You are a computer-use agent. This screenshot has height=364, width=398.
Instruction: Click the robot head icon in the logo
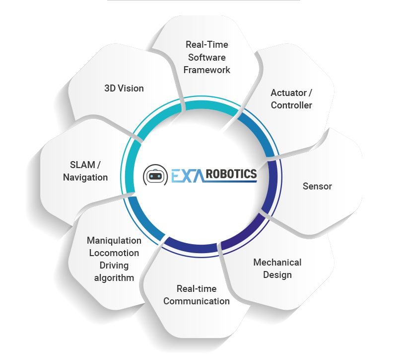(x=155, y=176)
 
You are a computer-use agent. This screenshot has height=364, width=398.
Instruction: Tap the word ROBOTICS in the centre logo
(x=231, y=174)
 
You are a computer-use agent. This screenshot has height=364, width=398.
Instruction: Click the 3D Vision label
(x=124, y=89)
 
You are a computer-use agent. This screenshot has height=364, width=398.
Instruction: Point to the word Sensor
(x=317, y=186)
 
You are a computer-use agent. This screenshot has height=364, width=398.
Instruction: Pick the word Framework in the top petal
(x=207, y=70)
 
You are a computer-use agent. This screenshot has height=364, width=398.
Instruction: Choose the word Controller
(x=291, y=105)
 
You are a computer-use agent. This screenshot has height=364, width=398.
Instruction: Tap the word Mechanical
(x=277, y=263)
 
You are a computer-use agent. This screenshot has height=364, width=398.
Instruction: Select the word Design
(x=277, y=275)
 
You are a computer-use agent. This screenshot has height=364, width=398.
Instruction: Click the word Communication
(x=197, y=301)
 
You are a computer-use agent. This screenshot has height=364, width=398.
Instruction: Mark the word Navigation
(x=85, y=177)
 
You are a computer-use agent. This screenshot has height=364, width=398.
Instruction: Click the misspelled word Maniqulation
(x=114, y=241)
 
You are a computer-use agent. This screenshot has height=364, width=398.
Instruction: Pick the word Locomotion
(x=114, y=253)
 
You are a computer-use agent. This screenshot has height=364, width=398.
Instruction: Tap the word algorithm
(x=114, y=278)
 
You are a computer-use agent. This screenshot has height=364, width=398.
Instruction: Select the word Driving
(x=114, y=266)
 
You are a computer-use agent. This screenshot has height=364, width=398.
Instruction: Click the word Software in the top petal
(x=207, y=58)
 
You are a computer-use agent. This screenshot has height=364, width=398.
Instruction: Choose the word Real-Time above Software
(x=207, y=45)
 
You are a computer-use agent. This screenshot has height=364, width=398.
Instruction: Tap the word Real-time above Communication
(x=197, y=289)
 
